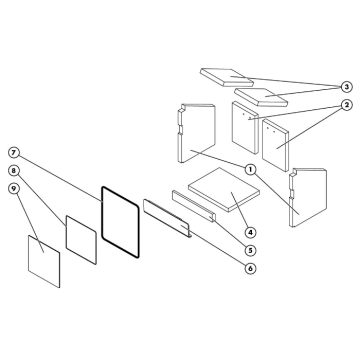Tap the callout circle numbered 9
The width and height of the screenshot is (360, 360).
click(14, 188)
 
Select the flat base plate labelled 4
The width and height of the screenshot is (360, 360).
click(219, 188)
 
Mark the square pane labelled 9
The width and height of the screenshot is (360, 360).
click(43, 257)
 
